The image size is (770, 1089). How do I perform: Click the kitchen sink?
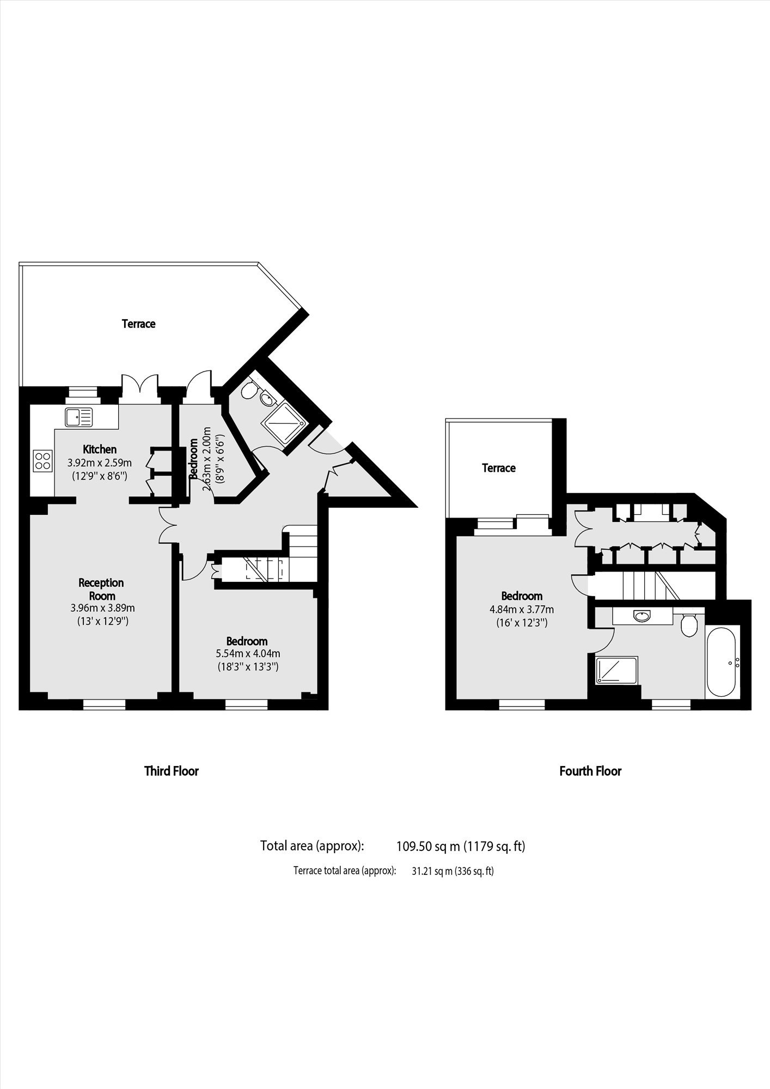79,417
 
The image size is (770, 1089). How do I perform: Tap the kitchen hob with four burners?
43,460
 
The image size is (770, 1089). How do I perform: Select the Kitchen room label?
100,449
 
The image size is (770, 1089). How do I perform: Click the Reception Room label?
101,589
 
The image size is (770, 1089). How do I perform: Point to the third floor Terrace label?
138,324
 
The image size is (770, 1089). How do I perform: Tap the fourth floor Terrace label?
499,468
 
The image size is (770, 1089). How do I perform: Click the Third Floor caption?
171,771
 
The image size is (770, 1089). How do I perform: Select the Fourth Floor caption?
590,771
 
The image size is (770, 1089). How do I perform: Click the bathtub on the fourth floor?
723,661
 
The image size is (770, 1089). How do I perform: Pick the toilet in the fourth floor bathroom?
689,624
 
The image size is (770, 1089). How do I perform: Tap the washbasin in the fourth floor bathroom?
642,616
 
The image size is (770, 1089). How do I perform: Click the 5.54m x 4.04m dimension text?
247,653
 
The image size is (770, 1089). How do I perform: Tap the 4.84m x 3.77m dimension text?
522,609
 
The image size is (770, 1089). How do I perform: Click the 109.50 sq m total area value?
461,846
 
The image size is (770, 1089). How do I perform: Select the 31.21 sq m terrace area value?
453,871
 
